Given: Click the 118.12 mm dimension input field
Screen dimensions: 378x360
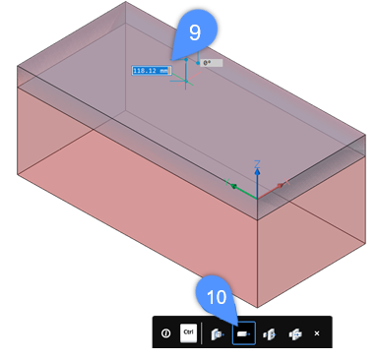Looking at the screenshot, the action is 152,71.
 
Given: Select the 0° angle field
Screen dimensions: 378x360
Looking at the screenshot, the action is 212,63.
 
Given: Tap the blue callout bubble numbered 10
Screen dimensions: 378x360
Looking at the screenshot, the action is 217,296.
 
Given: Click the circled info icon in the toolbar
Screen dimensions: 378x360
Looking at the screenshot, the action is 166,333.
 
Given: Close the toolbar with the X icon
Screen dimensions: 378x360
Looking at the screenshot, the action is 317,333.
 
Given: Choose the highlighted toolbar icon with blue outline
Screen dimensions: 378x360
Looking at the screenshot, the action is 244,333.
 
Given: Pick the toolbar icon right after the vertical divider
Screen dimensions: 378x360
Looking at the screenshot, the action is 218,333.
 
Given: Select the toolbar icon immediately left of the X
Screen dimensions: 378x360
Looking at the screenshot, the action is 295,333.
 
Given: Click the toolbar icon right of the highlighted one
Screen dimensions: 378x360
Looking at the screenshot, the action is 270,334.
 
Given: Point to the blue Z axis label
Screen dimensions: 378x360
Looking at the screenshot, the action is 258,164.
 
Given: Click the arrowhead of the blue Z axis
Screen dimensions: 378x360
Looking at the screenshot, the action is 257,171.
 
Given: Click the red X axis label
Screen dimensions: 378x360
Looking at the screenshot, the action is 286,182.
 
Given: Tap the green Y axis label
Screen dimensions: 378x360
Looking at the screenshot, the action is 226,182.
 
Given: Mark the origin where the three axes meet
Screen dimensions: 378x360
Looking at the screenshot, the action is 257,199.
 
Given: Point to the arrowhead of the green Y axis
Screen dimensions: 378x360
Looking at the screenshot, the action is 234,187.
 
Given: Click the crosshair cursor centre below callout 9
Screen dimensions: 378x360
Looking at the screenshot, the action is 186,81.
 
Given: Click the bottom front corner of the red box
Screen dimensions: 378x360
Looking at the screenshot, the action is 257,308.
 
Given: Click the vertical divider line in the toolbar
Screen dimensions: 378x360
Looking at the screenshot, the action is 202,333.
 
